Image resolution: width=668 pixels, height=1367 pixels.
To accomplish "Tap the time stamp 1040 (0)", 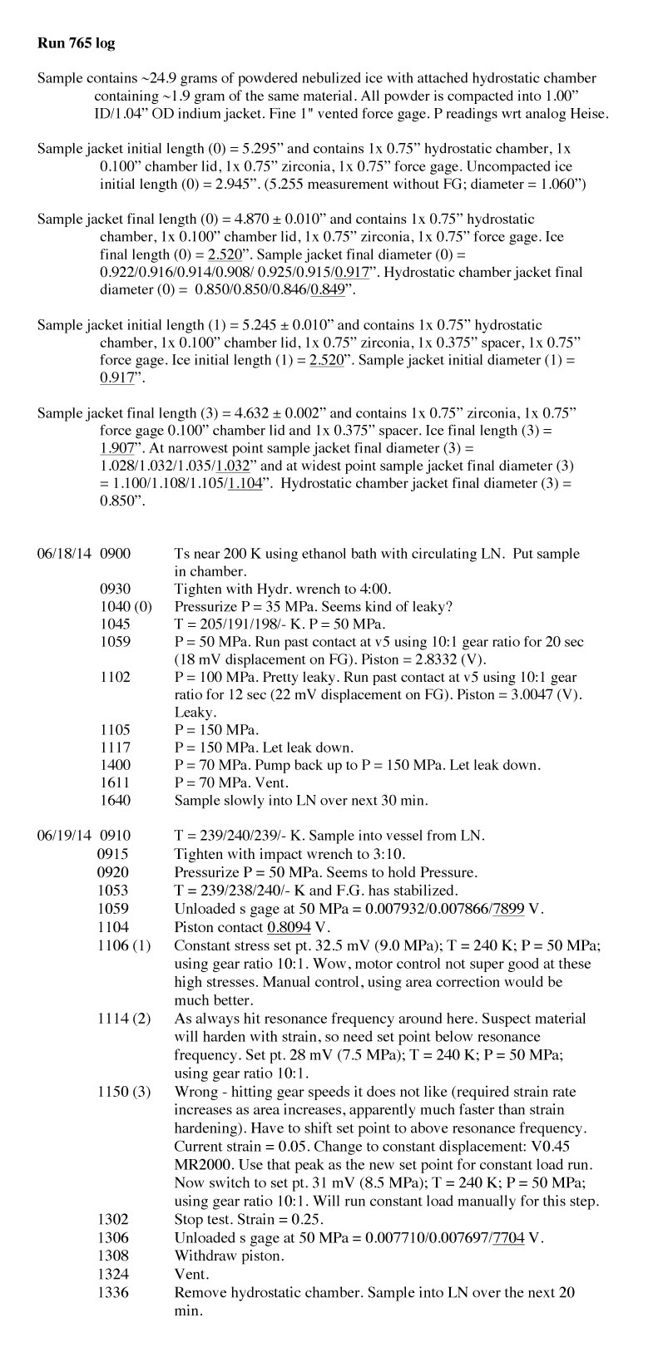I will (x=126, y=607).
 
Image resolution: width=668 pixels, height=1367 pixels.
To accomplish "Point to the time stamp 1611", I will (x=115, y=783).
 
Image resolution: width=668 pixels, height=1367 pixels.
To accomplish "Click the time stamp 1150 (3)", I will (x=124, y=1091).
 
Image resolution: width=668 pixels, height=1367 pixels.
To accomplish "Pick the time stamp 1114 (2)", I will (x=124, y=1019).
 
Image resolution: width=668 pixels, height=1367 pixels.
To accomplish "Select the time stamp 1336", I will (x=113, y=1293).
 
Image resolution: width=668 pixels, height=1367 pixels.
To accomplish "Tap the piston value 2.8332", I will (x=490, y=659).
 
